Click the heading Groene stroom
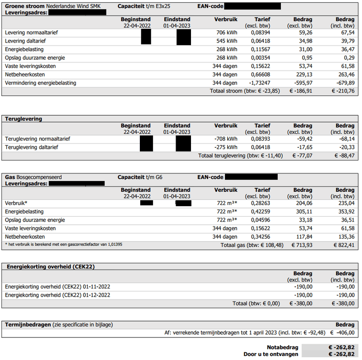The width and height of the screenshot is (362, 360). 24,6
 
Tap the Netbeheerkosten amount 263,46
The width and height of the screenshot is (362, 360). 345,75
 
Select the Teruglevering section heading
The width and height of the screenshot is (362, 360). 24,119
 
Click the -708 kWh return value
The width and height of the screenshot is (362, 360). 226,139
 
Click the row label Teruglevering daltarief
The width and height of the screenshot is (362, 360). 32,147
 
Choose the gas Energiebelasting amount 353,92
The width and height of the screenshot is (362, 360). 345,212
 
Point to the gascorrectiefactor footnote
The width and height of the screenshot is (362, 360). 63,245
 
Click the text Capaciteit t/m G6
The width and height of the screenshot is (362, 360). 140,177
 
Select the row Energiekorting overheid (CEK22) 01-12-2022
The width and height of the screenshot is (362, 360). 57,295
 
